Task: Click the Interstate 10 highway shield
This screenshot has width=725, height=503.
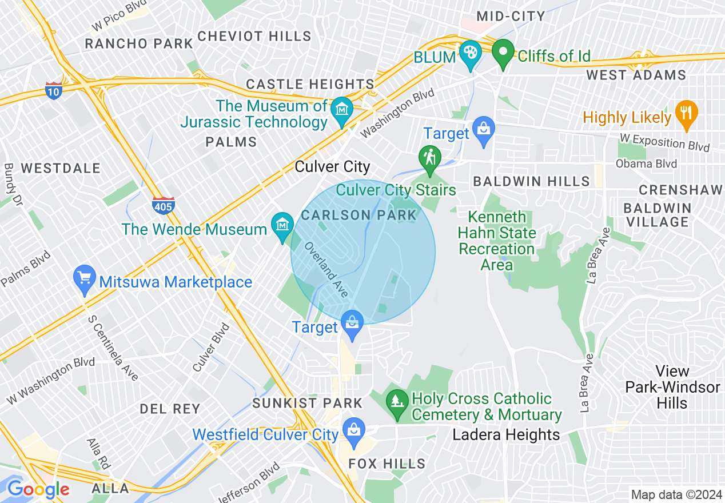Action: point(54,90)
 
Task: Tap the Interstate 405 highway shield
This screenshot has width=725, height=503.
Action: point(164,204)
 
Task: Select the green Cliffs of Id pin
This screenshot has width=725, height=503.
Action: point(503,54)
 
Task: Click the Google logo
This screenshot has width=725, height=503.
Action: point(38,489)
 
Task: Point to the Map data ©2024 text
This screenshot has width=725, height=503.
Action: point(675,494)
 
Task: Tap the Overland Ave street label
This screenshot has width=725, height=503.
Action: point(326,269)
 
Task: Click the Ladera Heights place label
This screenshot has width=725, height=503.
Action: point(506,435)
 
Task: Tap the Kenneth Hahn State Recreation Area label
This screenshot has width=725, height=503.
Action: point(497,241)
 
